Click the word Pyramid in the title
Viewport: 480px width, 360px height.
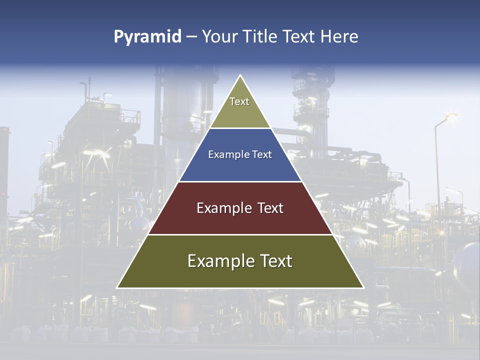pyautogui.click(x=147, y=37)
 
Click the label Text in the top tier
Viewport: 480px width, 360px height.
pyautogui.click(x=239, y=101)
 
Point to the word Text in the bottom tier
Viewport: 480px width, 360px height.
pyautogui.click(x=275, y=261)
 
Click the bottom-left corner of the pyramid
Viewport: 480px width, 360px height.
pyautogui.click(x=117, y=287)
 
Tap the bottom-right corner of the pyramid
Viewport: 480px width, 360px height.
pyautogui.click(x=363, y=287)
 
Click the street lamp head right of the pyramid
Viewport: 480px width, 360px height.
pyautogui.click(x=450, y=116)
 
